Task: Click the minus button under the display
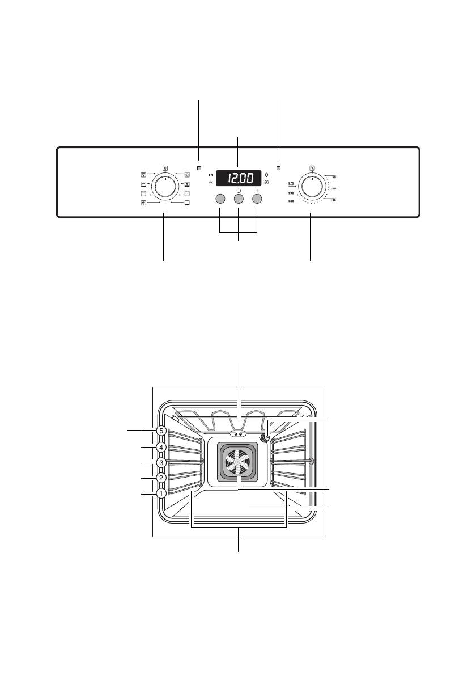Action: (220, 199)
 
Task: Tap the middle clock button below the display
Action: (239, 199)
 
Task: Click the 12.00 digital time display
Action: (238, 178)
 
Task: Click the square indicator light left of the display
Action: (199, 168)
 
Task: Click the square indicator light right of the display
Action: (279, 168)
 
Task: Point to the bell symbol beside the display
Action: (266, 174)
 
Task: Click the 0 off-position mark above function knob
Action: (165, 167)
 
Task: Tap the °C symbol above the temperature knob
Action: (312, 167)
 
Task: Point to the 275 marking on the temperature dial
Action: (291, 183)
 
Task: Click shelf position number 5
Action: (161, 431)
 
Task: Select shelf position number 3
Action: (161, 463)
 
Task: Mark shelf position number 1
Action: (161, 493)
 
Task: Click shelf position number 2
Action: (161, 478)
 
